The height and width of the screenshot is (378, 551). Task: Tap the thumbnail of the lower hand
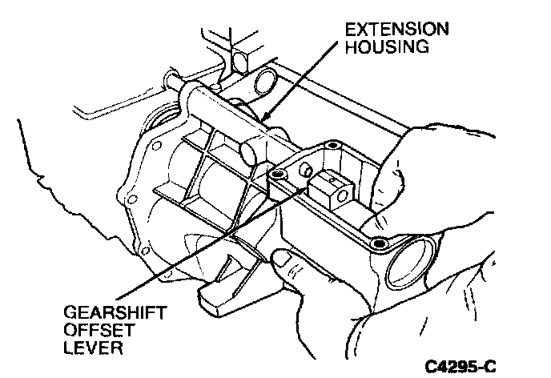pos(283,258)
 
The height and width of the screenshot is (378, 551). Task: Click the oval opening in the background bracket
pos(266,80)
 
